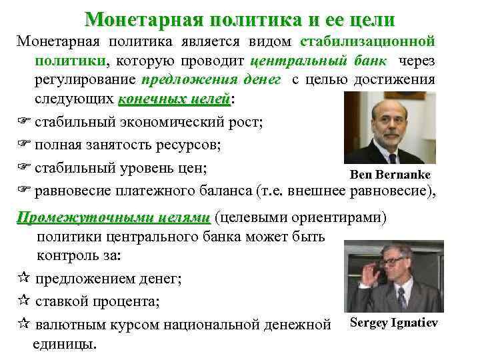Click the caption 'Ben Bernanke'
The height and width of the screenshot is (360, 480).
coord(390,175)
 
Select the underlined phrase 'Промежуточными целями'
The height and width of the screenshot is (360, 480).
coord(113,218)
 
